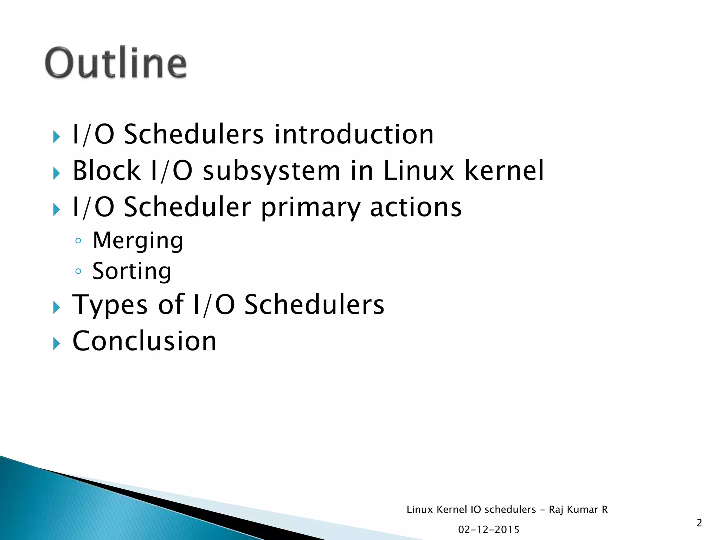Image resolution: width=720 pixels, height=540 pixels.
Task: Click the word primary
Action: pos(310,207)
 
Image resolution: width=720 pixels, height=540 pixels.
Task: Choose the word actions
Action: pos(416,207)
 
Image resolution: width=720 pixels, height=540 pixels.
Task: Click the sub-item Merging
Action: pos(138,241)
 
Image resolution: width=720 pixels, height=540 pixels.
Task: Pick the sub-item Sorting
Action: pos(132,271)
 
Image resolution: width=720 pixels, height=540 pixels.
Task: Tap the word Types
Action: pos(110,305)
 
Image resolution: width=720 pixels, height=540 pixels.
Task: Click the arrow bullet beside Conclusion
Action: pos(56,343)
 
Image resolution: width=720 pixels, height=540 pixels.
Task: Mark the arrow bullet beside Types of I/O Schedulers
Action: pos(56,307)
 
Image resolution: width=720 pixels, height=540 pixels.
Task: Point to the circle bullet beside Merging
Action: pos(78,241)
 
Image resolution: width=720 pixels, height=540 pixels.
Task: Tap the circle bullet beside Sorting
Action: pos(78,271)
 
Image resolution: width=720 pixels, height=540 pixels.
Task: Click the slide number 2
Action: pos(699,523)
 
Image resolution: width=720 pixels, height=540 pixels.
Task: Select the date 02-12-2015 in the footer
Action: pos(489,529)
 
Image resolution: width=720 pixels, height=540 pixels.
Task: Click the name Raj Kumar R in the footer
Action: pos(578,509)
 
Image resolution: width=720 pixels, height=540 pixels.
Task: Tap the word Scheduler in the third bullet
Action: pos(187,207)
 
